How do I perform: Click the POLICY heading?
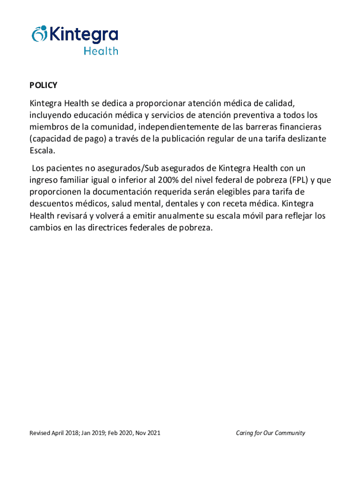coord(43,85)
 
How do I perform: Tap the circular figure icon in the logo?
coord(40,34)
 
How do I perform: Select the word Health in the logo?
coord(101,51)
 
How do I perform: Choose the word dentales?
coord(182,204)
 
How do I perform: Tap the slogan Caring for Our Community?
coord(270,433)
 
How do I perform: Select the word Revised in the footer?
coord(40,433)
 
